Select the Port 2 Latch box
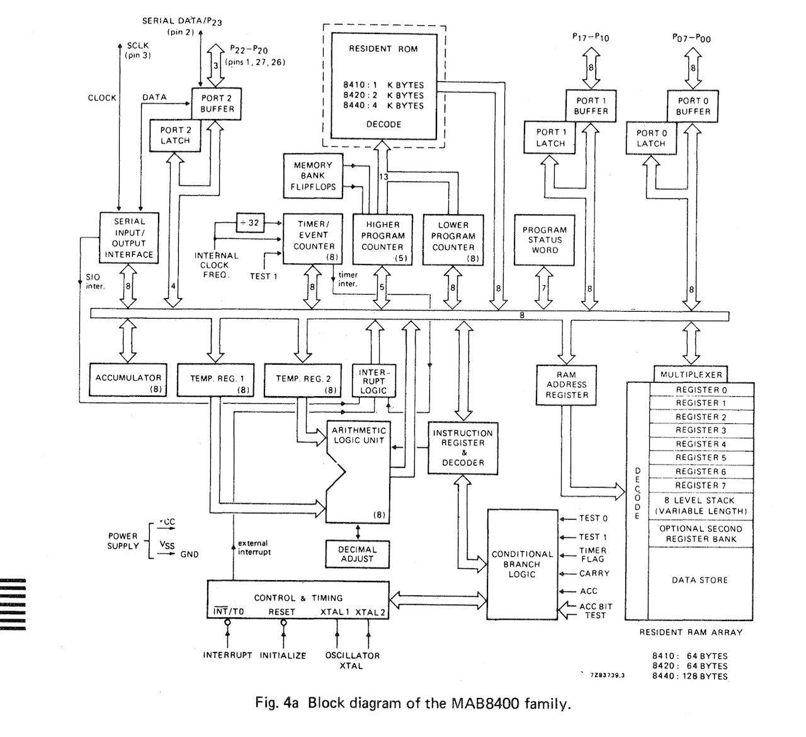(174, 135)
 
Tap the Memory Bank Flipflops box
(313, 176)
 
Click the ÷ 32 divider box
(250, 222)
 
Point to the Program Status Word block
(545, 240)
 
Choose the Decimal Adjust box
(357, 554)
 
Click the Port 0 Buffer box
(693, 106)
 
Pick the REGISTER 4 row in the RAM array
(701, 444)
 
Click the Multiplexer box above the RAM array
(691, 375)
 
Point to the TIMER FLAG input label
(593, 554)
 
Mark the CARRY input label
(594, 573)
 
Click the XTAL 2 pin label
(371, 612)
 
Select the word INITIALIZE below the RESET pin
(283, 655)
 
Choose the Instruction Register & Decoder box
(463, 448)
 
